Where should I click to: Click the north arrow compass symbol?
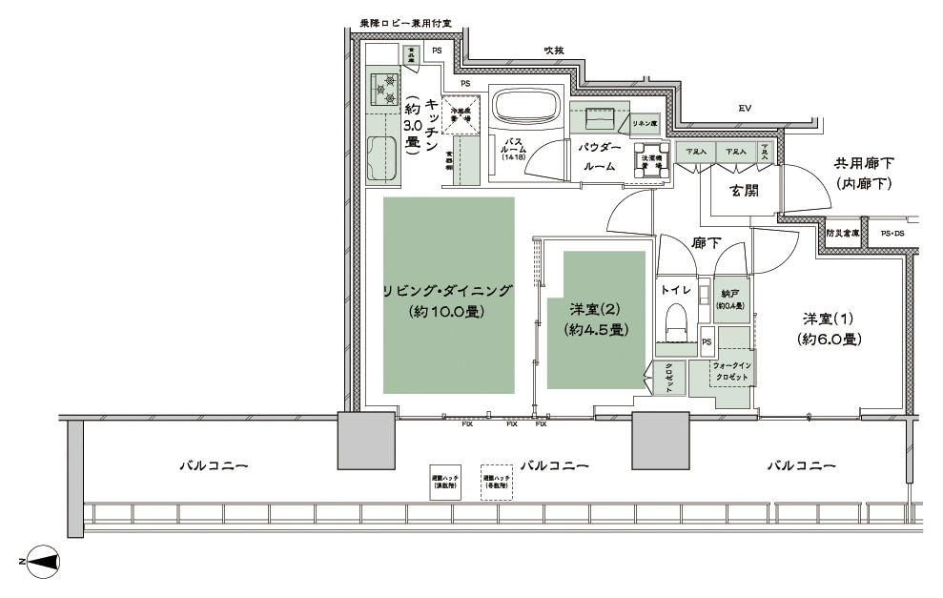point(43,563)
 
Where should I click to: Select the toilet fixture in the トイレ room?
point(677,320)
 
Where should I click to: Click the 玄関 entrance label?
point(744,190)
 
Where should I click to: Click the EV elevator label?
point(745,110)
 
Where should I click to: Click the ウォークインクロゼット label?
point(734,371)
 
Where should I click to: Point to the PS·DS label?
point(892,232)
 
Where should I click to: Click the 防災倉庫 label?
point(843,232)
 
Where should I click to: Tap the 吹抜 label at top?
point(554,50)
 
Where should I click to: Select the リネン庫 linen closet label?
point(646,124)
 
